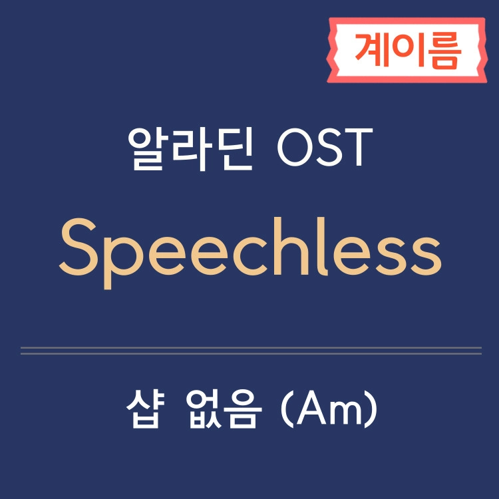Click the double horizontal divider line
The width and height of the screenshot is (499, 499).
click(x=251, y=351)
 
